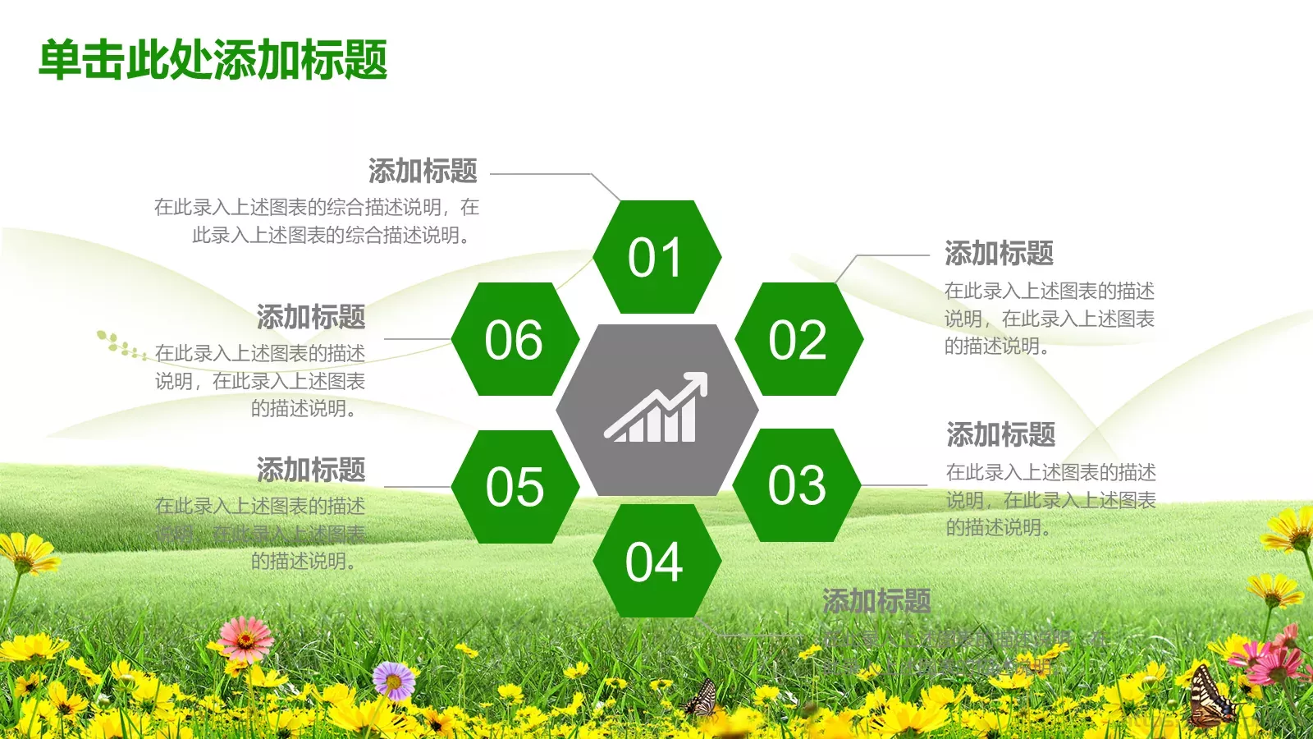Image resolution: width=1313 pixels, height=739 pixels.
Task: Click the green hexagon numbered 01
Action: click(x=656, y=257)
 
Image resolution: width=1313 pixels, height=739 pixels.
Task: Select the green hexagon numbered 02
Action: click(x=798, y=339)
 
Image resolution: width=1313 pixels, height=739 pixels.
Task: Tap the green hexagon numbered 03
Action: click(x=796, y=484)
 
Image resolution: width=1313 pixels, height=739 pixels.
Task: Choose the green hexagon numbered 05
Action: click(x=515, y=486)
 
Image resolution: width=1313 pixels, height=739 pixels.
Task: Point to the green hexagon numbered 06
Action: click(x=515, y=339)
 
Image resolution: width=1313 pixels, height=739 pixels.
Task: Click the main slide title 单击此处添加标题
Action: click(x=213, y=60)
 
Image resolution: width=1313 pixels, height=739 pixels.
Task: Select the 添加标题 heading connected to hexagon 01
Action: click(x=423, y=171)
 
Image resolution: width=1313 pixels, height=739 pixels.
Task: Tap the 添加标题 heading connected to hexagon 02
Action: click(x=999, y=253)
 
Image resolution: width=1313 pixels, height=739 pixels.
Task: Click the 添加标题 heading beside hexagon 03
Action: click(x=1000, y=434)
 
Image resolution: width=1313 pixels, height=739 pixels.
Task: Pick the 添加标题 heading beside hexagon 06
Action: click(x=311, y=316)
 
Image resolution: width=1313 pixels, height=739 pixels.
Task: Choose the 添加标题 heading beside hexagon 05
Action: click(x=311, y=470)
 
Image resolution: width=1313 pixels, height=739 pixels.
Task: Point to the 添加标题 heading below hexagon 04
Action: click(x=876, y=601)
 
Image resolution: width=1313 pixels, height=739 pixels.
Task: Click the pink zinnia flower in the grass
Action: click(x=245, y=637)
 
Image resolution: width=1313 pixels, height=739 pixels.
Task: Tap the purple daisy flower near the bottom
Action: click(x=394, y=680)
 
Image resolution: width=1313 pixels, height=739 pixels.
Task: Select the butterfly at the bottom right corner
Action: click(x=1210, y=698)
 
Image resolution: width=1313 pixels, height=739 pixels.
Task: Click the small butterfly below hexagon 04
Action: click(x=702, y=698)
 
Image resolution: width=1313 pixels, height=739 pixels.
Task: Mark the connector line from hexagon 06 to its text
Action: click(x=417, y=338)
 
